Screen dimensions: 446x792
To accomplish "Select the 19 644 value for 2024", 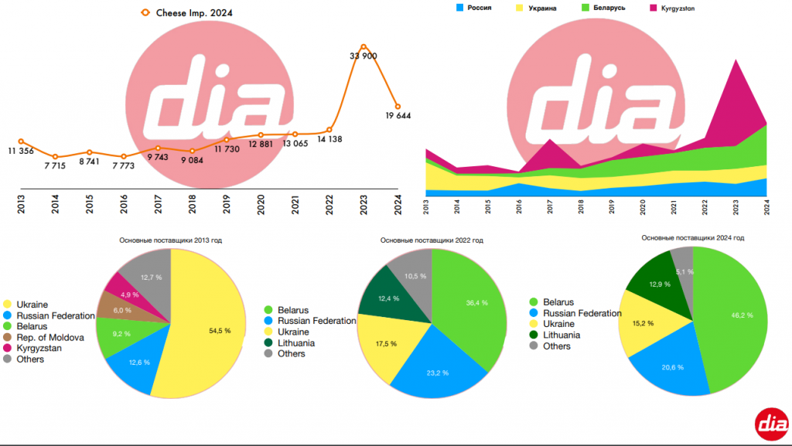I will tap(398, 116).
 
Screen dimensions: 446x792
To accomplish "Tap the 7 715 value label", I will tap(55, 166).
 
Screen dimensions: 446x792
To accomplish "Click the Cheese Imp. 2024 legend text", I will tap(194, 12).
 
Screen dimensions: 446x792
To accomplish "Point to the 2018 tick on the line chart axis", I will tap(192, 204).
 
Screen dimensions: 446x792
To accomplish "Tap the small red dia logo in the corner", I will tap(772, 423).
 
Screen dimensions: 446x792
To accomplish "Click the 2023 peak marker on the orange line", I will tap(364, 46).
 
